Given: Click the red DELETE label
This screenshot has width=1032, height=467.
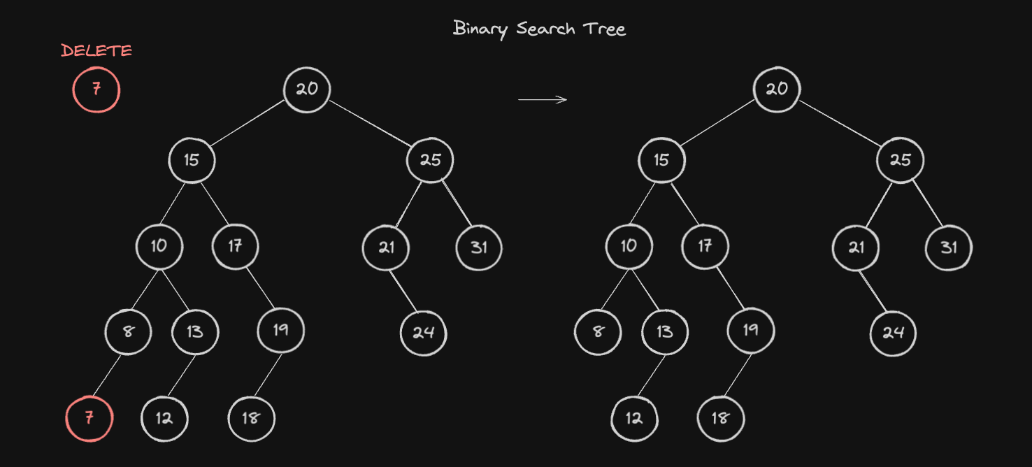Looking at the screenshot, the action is [96, 50].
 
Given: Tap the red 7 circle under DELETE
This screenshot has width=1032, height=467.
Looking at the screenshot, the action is [96, 89].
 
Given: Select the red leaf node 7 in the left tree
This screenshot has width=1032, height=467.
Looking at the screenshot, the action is [89, 419].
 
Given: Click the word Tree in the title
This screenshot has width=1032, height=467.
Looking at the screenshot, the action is [605, 29].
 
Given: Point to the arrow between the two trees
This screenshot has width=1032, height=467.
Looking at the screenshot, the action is [543, 99].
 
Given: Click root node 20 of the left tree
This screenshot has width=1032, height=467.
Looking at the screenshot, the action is [307, 89].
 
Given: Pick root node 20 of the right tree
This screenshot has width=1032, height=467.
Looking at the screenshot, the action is [777, 89].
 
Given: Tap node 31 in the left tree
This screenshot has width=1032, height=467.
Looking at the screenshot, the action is [479, 247].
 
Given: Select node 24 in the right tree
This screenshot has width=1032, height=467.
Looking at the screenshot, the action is [894, 333].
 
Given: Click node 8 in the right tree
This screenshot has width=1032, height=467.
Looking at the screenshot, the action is [598, 331].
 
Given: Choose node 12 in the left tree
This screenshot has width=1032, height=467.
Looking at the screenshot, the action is [164, 419].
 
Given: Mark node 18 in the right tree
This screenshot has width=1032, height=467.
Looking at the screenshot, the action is [721, 419].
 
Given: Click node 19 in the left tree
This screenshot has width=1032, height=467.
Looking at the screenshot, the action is [280, 330].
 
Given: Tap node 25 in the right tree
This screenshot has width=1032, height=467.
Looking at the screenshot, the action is [901, 160].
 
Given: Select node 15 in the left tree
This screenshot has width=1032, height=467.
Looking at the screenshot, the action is [192, 160].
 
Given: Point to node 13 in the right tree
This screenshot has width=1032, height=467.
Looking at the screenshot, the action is [665, 331].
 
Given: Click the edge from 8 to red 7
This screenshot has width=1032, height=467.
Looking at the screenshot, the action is [107, 375].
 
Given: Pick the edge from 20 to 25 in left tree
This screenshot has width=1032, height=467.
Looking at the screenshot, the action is [370, 124].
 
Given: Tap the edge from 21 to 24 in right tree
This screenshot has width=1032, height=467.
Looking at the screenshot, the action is [873, 292].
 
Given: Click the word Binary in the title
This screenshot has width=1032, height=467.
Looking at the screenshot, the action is [480, 29].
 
